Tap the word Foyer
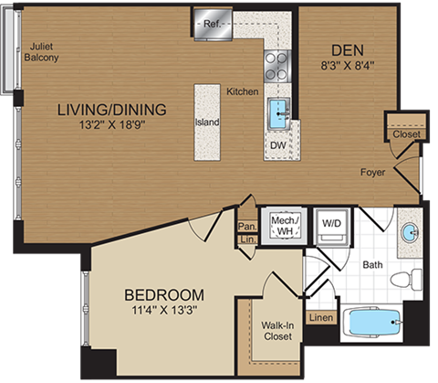tap(372, 171)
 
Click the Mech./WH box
tap(279, 226)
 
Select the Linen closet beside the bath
tap(321, 317)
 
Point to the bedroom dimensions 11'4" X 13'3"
tap(164, 311)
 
